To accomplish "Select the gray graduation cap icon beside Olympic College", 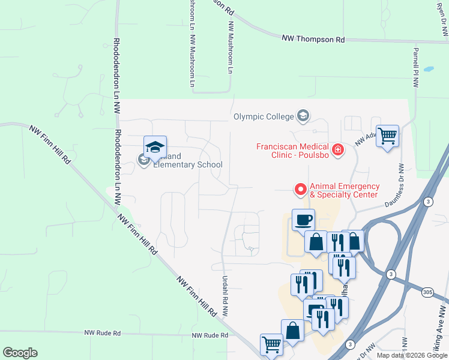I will [304, 116].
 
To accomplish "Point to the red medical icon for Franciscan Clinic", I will [338, 149].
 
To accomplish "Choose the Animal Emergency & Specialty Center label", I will [344, 190].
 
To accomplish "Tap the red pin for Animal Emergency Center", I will [301, 190].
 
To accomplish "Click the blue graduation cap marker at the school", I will [155, 146].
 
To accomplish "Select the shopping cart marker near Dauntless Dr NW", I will [387, 135].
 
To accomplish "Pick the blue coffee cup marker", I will [303, 219].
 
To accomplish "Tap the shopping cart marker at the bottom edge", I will [271, 345].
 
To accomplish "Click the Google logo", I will [20, 353].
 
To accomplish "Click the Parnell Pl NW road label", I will [415, 68].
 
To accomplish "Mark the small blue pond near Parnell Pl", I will [429, 69].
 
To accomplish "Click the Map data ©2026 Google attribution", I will [412, 355].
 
